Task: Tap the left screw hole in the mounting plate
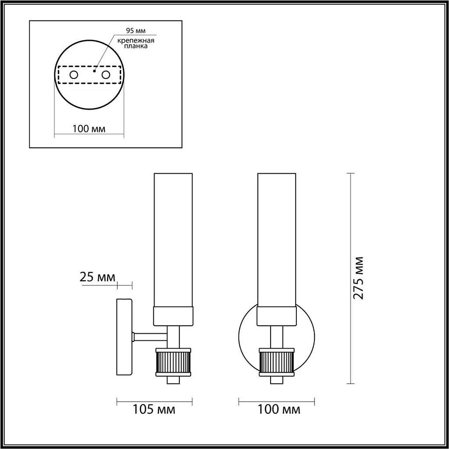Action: click(x=74, y=75)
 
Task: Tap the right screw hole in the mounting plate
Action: click(x=105, y=75)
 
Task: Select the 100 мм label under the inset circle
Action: click(x=89, y=128)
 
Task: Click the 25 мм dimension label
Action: click(x=97, y=277)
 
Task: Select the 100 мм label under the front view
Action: click(x=278, y=410)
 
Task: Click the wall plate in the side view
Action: click(x=124, y=337)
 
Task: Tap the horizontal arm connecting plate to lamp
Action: click(x=150, y=337)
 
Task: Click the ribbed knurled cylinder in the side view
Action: click(x=174, y=362)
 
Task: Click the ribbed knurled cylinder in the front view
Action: click(x=277, y=362)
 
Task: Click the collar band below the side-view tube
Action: click(x=173, y=316)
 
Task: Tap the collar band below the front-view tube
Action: click(x=276, y=316)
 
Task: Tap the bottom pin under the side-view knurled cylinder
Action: click(x=174, y=380)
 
